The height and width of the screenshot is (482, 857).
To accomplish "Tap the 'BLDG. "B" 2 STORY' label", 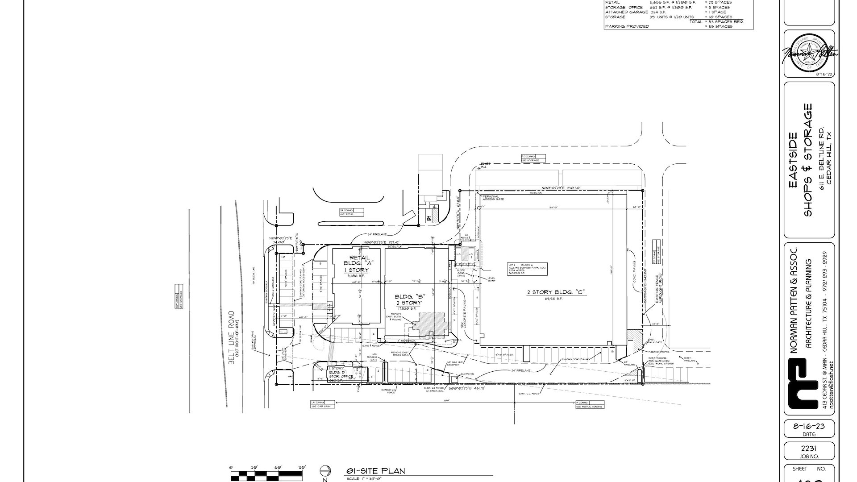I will point(408,299).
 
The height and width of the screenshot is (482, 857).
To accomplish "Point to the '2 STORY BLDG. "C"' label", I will point(555,292).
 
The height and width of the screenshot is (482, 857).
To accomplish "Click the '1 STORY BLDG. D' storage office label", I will point(341,372).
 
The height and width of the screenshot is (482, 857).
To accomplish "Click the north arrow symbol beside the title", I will point(325,471).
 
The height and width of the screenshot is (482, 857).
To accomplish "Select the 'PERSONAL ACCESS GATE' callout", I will point(493,197).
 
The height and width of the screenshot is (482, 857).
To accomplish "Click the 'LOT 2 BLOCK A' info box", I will point(528,269).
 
